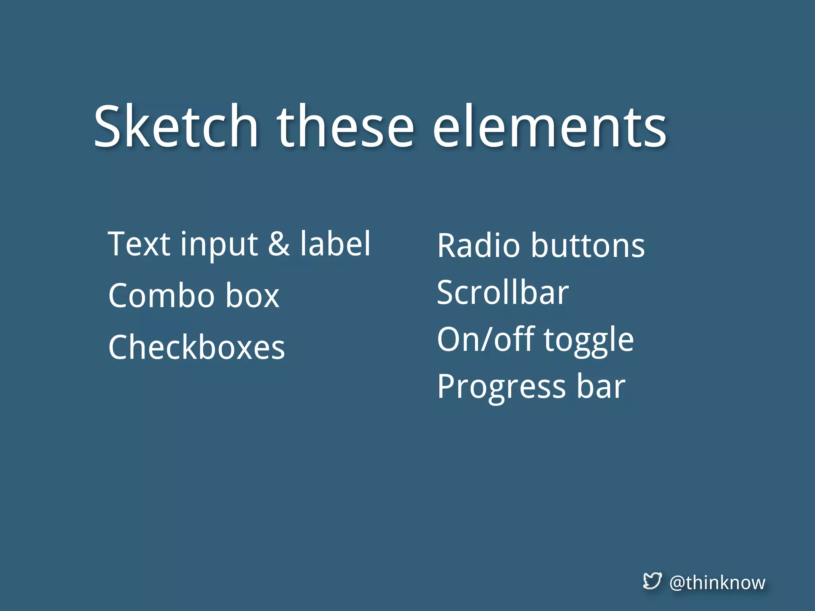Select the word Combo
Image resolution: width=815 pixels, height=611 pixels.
[x=162, y=296]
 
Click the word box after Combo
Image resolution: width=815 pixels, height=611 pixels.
[x=252, y=296]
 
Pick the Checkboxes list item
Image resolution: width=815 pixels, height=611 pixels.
[x=197, y=347]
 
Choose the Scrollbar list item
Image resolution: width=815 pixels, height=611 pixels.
[x=503, y=292]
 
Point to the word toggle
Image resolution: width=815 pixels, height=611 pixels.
[x=589, y=341]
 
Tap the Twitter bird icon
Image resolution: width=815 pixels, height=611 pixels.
[x=652, y=581]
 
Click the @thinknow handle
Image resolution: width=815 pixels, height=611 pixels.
[x=717, y=583]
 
